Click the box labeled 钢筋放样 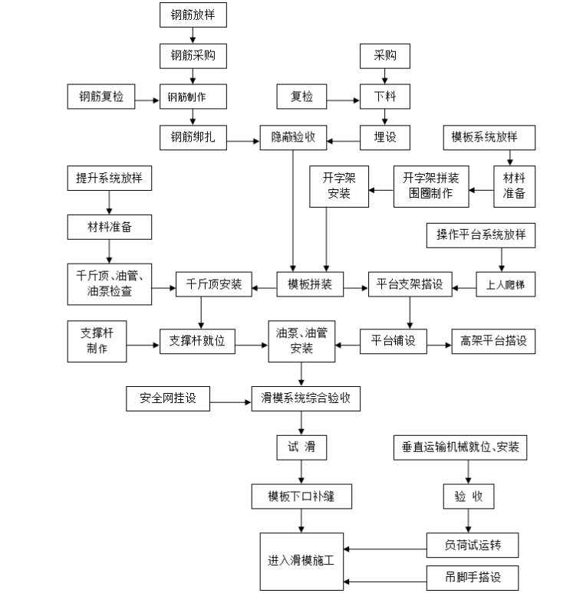tap(193, 15)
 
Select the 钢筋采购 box tap(193, 55)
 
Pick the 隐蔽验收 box tap(294, 138)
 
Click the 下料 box tap(385, 97)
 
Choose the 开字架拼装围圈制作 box tap(430, 185)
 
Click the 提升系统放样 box tap(108, 179)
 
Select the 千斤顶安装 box tap(214, 284)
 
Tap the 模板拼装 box tap(310, 284)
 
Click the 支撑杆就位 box tap(196, 341)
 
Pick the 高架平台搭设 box tap(493, 341)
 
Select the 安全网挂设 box tap(168, 398)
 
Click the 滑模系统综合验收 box tap(305, 398)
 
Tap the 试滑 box tap(301, 447)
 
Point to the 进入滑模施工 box tap(301, 560)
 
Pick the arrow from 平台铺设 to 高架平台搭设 tap(439, 342)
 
